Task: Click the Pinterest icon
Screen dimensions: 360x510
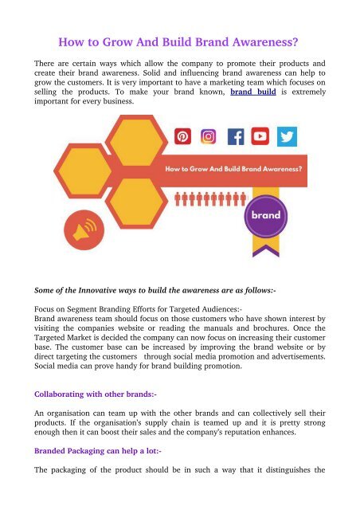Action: point(182,137)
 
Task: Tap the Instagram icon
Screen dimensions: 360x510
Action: point(209,137)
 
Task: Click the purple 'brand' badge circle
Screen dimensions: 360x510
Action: point(265,214)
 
